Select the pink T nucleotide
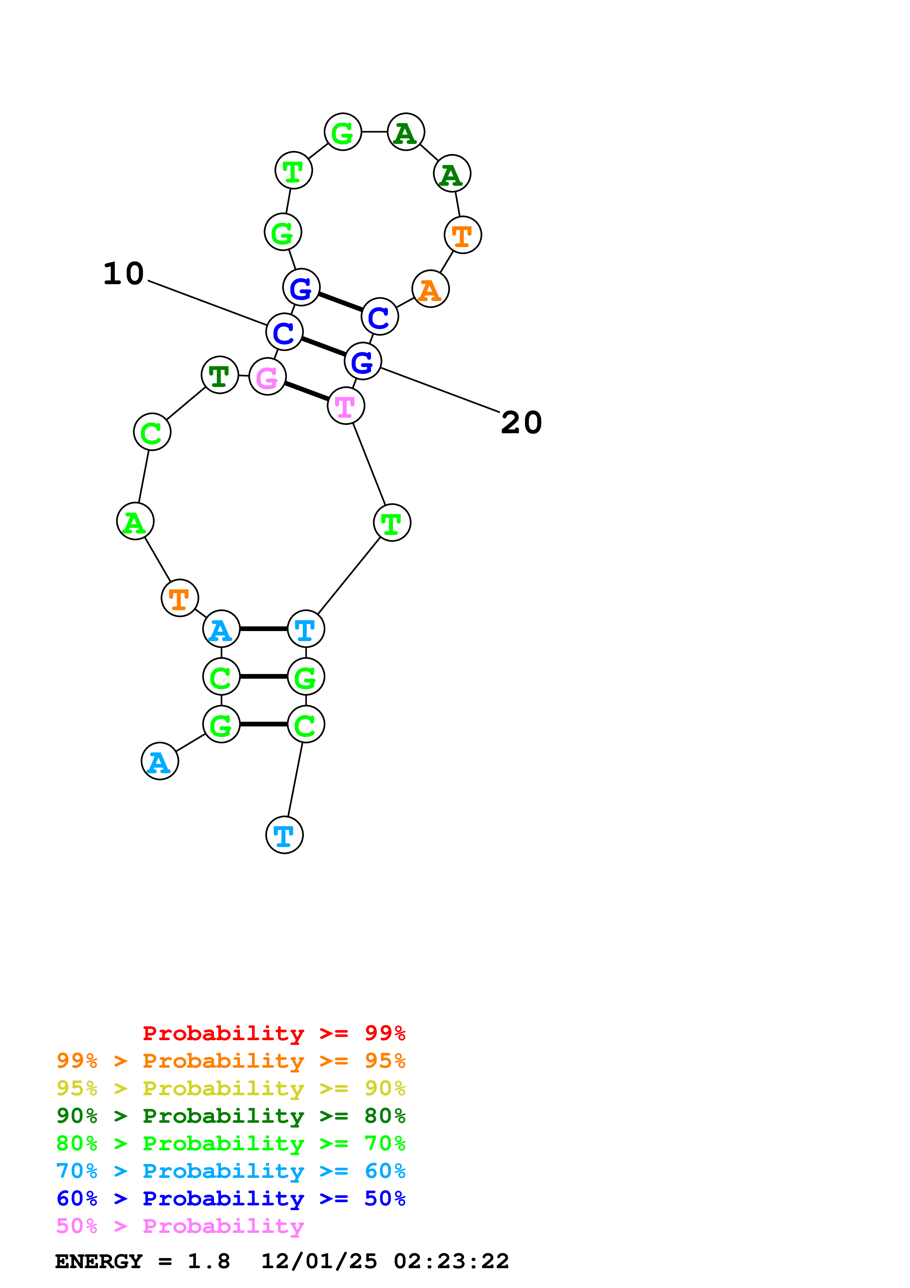[x=346, y=406]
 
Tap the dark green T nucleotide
[x=220, y=375]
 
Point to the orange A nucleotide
[x=430, y=289]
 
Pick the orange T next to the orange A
[x=463, y=235]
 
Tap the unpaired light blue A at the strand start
[x=160, y=761]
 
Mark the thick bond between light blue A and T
[x=264, y=629]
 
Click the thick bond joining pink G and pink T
[x=307, y=391]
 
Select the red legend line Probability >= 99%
[x=273, y=1033]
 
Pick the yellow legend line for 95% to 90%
[x=231, y=1088]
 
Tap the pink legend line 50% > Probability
[x=180, y=1226]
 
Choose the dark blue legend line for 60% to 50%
[x=231, y=1198]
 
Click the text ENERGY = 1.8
[x=142, y=1261]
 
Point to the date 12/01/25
[x=319, y=1261]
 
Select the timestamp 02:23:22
[x=452, y=1261]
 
